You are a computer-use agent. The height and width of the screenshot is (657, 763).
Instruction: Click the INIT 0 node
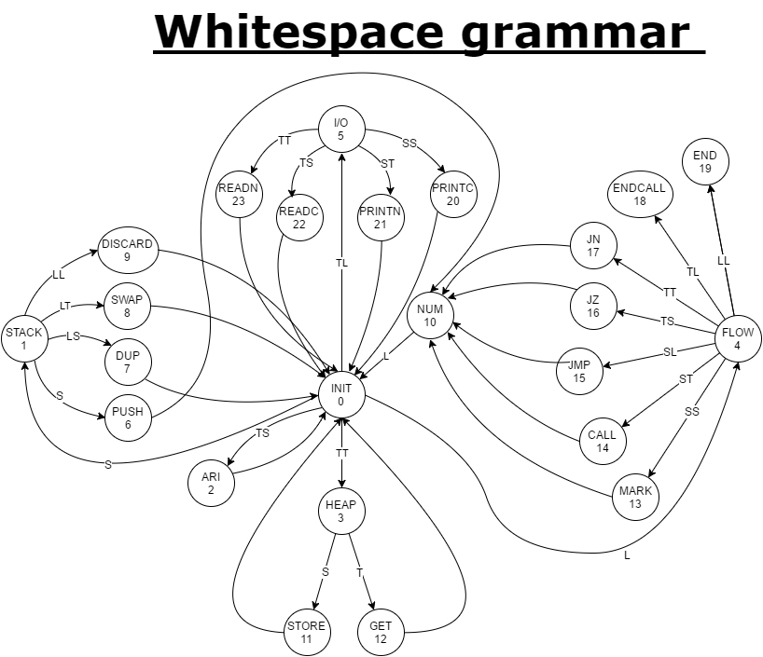(x=341, y=395)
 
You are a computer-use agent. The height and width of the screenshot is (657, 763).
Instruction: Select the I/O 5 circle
(x=341, y=130)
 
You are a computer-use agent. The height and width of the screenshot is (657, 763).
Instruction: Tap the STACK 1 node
(x=24, y=338)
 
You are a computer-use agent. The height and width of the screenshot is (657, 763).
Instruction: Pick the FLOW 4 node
(x=738, y=338)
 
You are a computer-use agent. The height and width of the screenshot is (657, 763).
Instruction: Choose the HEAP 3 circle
(x=341, y=512)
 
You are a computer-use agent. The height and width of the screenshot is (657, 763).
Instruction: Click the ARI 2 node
(x=211, y=484)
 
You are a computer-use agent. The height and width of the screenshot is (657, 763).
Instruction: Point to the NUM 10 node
(x=430, y=316)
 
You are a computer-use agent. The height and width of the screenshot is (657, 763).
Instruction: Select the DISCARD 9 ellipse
(x=128, y=251)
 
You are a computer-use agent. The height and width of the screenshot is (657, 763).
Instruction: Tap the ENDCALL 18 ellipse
(x=640, y=194)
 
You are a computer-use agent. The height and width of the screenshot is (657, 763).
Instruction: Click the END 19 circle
(x=705, y=162)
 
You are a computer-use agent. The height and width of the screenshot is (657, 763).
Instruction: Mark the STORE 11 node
(x=307, y=632)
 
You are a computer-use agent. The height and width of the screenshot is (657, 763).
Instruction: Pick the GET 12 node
(x=381, y=632)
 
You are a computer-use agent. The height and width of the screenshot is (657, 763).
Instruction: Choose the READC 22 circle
(x=299, y=218)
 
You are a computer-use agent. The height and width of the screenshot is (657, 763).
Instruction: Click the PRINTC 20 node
(x=453, y=194)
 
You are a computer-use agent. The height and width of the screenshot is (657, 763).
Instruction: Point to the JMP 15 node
(x=579, y=372)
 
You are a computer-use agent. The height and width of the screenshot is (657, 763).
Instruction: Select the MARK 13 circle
(x=635, y=498)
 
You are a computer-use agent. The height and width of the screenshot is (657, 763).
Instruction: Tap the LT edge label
(x=65, y=306)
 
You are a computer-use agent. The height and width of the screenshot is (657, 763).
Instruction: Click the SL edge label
(x=670, y=352)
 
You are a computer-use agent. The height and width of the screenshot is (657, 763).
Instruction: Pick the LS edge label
(x=73, y=336)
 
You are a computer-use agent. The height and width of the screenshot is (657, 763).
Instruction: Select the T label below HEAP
(x=359, y=573)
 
